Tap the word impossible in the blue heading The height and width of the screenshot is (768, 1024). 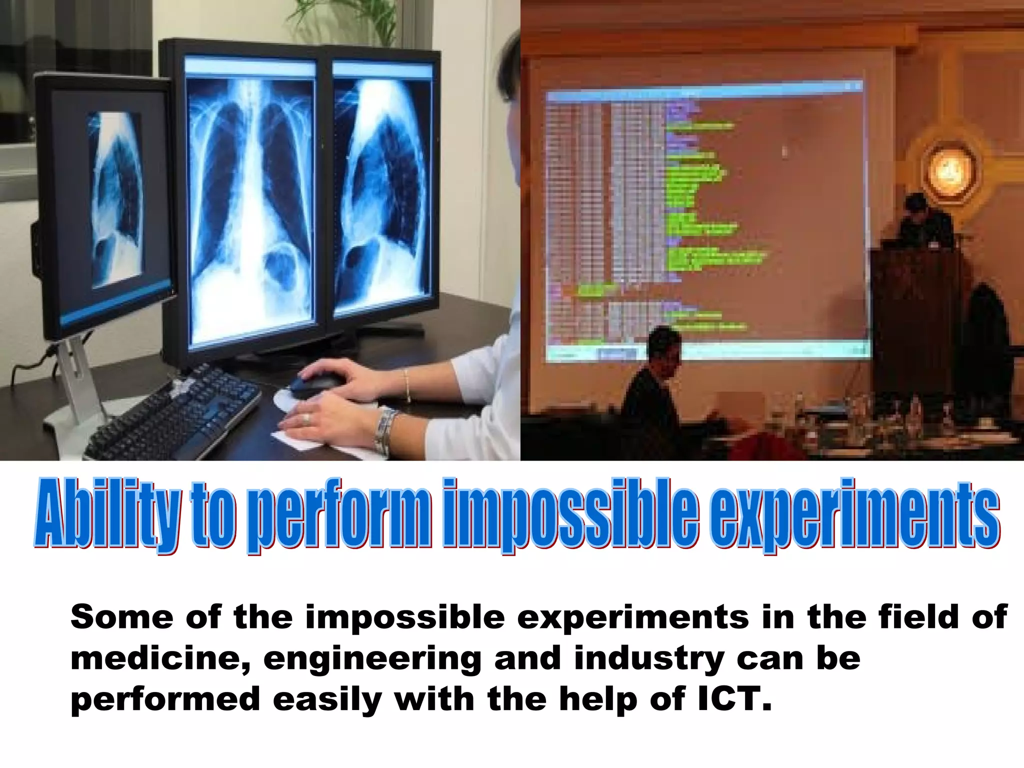[570, 515]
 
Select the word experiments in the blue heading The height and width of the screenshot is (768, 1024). [855, 515]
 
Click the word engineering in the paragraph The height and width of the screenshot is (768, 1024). [372, 659]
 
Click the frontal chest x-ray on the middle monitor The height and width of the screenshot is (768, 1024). [250, 200]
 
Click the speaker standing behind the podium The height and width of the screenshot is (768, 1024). [925, 220]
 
